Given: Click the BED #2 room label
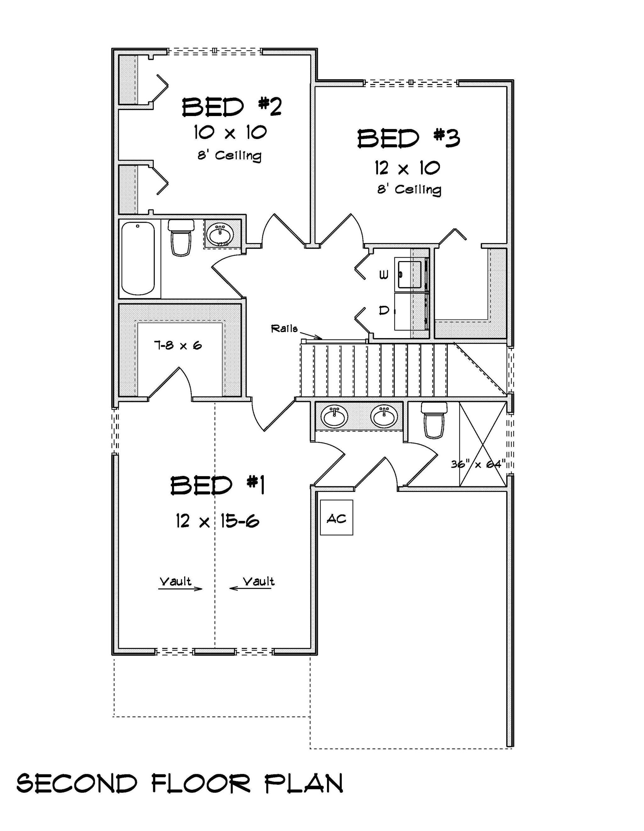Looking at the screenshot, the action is [232, 107].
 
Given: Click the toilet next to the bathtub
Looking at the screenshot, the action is [181, 238].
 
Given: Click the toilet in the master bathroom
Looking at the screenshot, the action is [434, 421].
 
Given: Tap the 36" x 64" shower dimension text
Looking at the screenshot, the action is [478, 464].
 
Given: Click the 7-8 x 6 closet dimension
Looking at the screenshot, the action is [178, 345].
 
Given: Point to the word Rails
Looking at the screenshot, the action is [284, 328].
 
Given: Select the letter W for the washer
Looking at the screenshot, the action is [384, 275].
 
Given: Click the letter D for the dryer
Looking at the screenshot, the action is [384, 310].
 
